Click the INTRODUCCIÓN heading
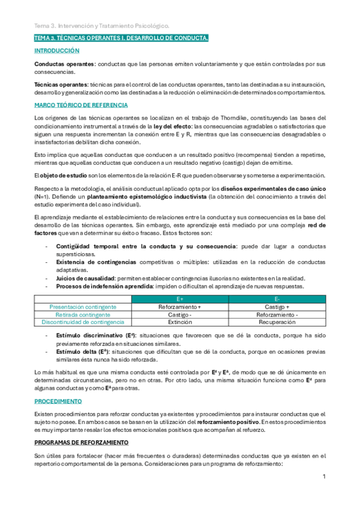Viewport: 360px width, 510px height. pyautogui.click(x=57, y=51)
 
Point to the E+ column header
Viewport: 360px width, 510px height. pyautogui.click(x=180, y=299)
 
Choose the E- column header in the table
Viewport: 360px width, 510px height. pyautogui.click(x=276, y=299)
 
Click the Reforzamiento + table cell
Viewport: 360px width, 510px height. pyautogui.click(x=180, y=307)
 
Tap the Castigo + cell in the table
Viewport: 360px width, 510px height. pyautogui.click(x=276, y=307)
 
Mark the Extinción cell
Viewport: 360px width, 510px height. pyautogui.click(x=180, y=322)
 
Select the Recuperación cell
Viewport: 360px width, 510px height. pyautogui.click(x=276, y=322)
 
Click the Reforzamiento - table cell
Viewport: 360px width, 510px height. pyautogui.click(x=276, y=315)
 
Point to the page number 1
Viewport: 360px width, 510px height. pyautogui.click(x=324, y=477)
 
